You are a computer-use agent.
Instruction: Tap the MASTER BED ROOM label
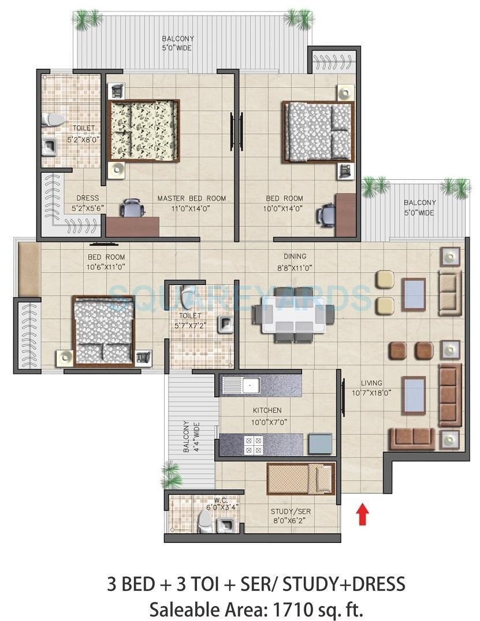click(x=191, y=198)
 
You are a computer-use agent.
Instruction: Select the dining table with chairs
click(x=293, y=315)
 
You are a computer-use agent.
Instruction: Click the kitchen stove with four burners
click(x=255, y=444)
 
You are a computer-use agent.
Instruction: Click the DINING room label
click(x=295, y=256)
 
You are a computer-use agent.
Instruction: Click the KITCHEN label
click(x=267, y=411)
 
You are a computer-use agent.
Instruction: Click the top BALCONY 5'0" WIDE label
click(x=177, y=43)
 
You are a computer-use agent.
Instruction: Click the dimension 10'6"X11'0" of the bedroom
click(x=106, y=267)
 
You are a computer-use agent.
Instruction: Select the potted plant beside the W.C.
click(x=171, y=477)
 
